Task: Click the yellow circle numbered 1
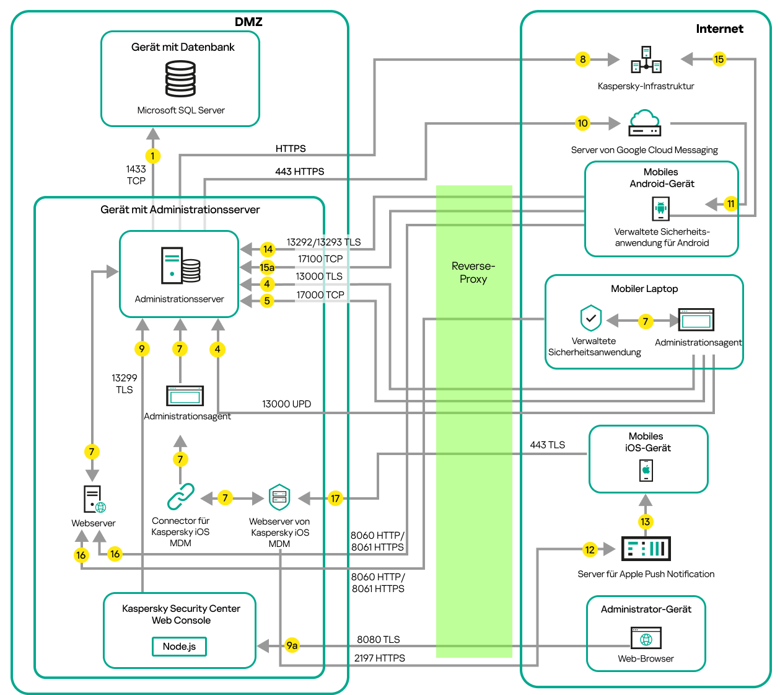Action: (152, 156)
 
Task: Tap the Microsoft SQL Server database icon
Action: (180, 79)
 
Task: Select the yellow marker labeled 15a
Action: (267, 267)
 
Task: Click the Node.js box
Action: (179, 647)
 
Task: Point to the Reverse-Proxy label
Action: (473, 273)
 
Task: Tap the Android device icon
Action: (661, 209)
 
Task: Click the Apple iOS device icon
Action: (646, 470)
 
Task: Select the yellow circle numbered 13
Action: (646, 521)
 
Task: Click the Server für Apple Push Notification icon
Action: (646, 549)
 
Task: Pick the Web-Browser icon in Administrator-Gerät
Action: (646, 639)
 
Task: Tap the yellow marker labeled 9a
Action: (292, 645)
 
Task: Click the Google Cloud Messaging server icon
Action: (644, 123)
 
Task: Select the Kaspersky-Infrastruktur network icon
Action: (646, 60)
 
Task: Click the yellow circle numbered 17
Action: (335, 498)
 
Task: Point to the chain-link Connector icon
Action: (180, 497)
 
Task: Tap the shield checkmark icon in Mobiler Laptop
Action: (591, 319)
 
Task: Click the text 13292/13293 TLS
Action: (323, 242)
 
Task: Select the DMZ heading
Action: (248, 22)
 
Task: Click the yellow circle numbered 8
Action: (582, 60)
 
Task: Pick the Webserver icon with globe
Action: (94, 499)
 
